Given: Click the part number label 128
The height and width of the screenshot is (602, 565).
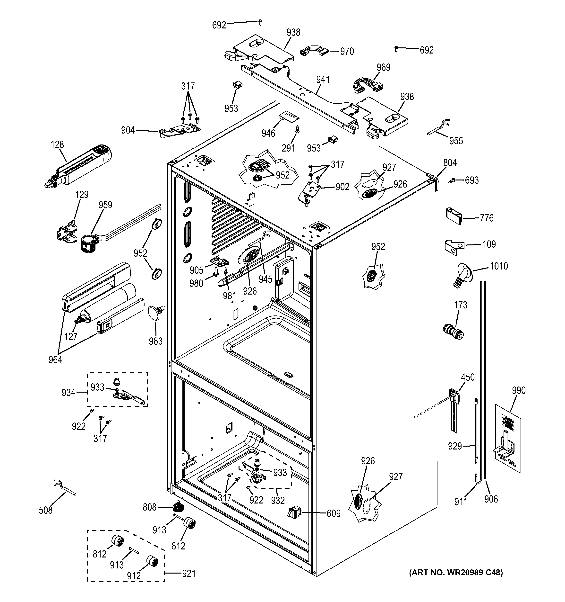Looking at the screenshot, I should click(x=57, y=144).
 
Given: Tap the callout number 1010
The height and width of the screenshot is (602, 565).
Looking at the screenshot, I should click(x=498, y=266).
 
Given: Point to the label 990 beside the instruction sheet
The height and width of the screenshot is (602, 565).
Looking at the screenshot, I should click(x=518, y=390).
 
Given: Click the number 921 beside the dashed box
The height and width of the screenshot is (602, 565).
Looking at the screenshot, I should click(x=188, y=574).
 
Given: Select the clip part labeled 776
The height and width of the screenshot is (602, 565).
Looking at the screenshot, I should click(x=454, y=215).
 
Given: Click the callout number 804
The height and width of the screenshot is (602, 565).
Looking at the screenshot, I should click(x=450, y=163).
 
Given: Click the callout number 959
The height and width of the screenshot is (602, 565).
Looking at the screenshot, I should click(x=105, y=205).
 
